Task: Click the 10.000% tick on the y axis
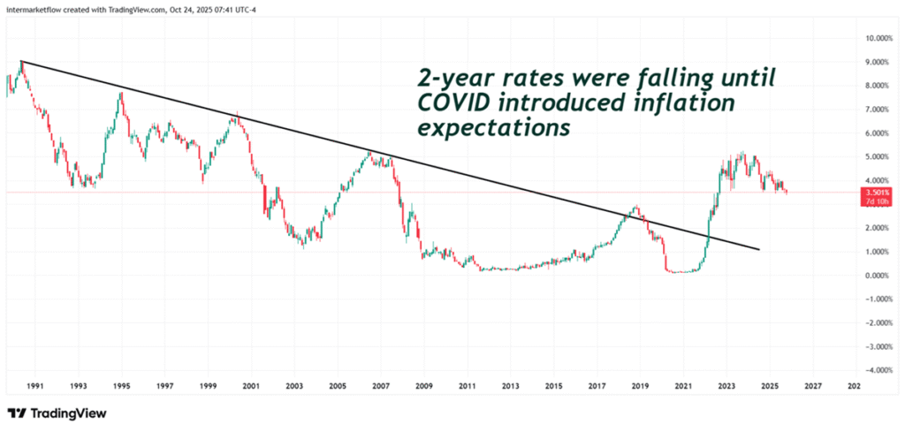[x=880, y=38]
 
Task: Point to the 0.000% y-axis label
[x=881, y=276]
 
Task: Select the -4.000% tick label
[x=879, y=370]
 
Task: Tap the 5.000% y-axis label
[x=881, y=157]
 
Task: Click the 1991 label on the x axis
[x=34, y=386]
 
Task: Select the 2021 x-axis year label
[x=682, y=386]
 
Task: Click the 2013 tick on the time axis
[x=510, y=386]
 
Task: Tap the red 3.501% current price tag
[x=880, y=193]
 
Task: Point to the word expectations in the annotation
[x=494, y=129]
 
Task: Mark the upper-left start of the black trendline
[x=20, y=61]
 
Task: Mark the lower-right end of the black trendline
[x=759, y=250]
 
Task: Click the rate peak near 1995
[x=120, y=92]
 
